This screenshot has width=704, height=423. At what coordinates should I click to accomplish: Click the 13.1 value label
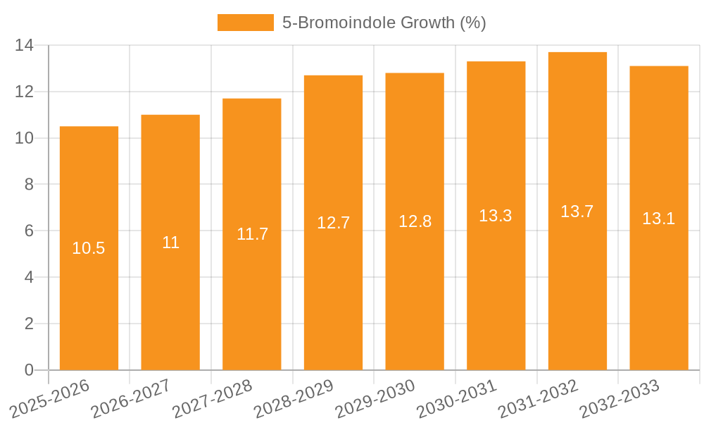(x=658, y=219)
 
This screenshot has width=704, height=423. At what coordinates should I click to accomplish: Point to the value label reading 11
(x=170, y=243)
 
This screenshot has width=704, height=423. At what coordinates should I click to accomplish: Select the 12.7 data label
(x=333, y=223)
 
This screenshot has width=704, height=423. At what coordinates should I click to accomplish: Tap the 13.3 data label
(x=496, y=216)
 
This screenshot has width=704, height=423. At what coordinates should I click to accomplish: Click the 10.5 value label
(x=89, y=248)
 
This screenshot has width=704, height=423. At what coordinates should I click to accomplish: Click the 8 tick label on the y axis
(x=29, y=185)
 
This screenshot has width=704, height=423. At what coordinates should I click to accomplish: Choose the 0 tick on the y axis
(x=29, y=370)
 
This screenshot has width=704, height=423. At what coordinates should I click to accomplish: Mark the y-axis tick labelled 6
(x=29, y=231)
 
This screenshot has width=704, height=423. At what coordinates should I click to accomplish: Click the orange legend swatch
(x=245, y=23)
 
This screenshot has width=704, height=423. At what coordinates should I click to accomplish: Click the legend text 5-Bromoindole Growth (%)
(x=384, y=23)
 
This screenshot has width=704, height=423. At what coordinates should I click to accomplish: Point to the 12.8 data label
(x=415, y=221)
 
